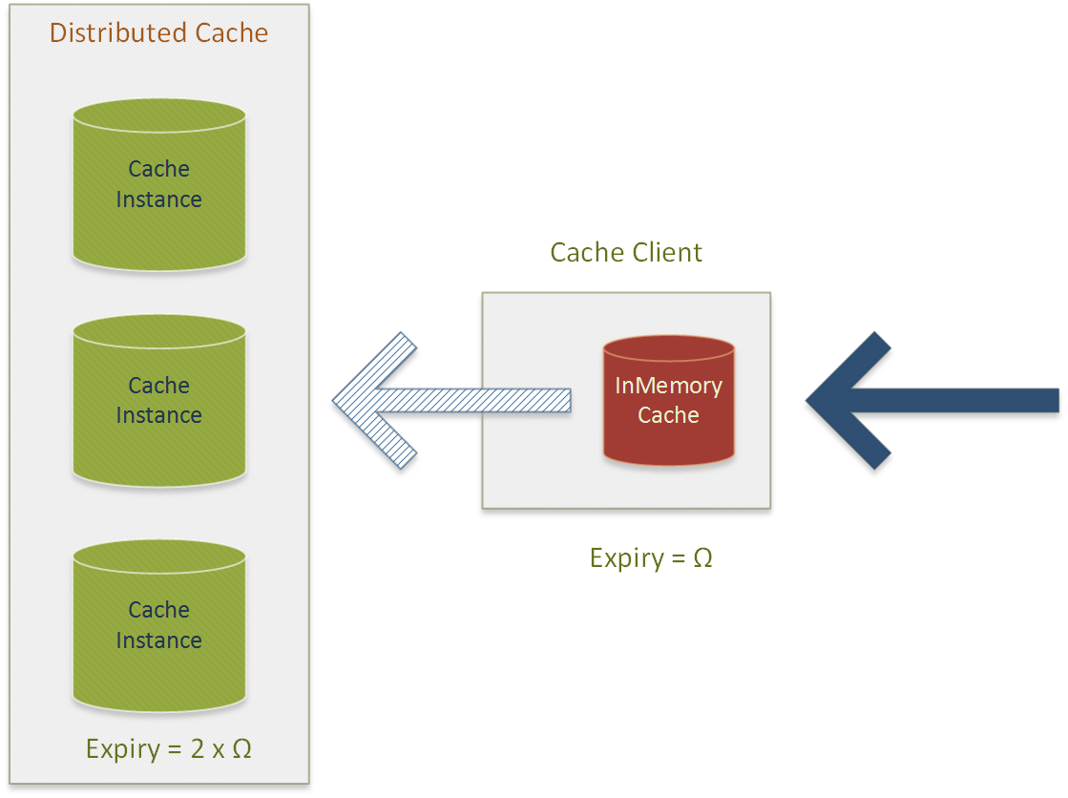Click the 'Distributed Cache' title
click(158, 32)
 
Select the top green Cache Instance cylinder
click(159, 184)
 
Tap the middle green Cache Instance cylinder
click(159, 401)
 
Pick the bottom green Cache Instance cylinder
click(159, 625)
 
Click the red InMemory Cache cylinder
click(669, 401)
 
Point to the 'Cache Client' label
click(626, 252)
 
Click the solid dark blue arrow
click(932, 401)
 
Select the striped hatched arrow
click(450, 401)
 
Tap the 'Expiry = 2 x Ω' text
click(169, 749)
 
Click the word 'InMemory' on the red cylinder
click(669, 386)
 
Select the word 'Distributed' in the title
click(118, 32)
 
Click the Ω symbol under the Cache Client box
click(702, 558)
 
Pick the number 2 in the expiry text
click(198, 749)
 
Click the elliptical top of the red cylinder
click(669, 347)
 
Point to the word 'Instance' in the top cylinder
click(158, 199)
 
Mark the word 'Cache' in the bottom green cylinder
click(158, 610)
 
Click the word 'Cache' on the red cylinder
click(668, 415)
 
